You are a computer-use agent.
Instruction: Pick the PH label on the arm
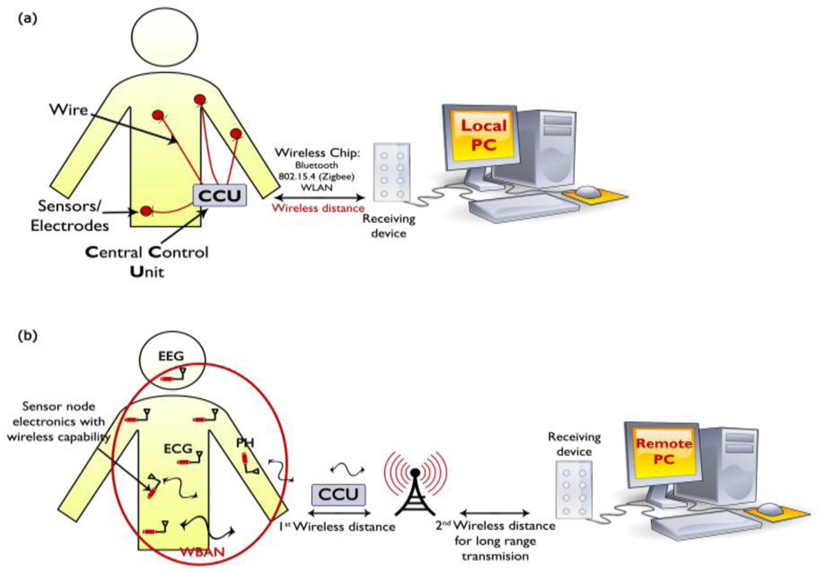(x=245, y=443)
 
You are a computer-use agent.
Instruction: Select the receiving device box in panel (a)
(x=391, y=173)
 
